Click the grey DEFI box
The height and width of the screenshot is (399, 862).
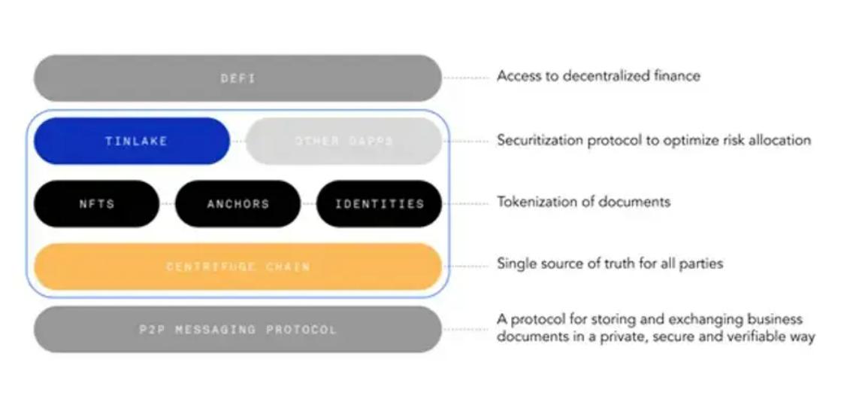237,78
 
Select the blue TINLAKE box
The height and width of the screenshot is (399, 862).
132,141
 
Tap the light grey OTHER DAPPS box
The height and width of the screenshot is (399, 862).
343,141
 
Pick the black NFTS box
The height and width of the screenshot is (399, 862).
97,203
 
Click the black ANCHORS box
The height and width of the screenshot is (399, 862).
237,203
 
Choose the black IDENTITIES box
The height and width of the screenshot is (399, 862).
379,203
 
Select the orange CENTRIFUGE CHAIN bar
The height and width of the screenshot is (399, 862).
237,267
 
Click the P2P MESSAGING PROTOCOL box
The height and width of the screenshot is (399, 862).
237,329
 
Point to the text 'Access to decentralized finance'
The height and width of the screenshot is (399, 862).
598,76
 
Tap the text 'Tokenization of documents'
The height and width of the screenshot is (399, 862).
583,202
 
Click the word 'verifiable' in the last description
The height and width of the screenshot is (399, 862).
746,337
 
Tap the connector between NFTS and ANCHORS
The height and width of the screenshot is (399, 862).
167,203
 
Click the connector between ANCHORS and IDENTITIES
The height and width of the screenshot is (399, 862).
308,203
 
